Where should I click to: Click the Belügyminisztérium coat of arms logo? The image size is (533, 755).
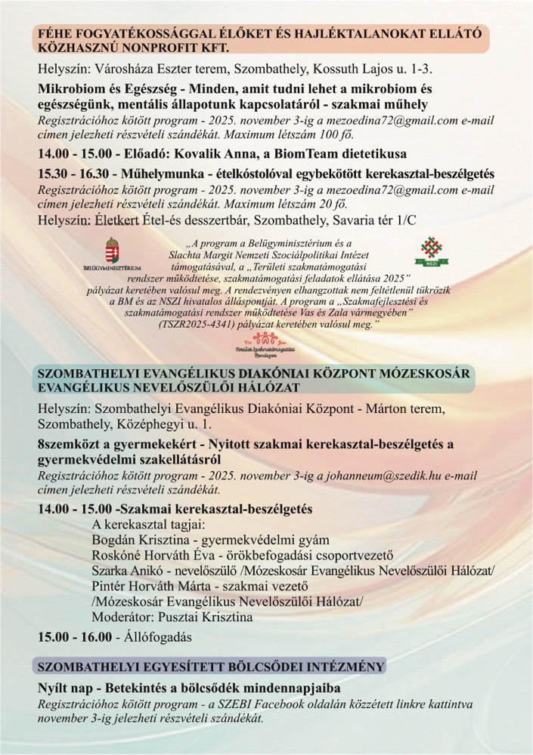(111, 253)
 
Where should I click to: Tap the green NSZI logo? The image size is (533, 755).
(428, 254)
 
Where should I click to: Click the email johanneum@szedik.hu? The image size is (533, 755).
(378, 476)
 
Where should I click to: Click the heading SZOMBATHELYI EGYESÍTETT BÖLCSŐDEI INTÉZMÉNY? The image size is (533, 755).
(212, 667)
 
